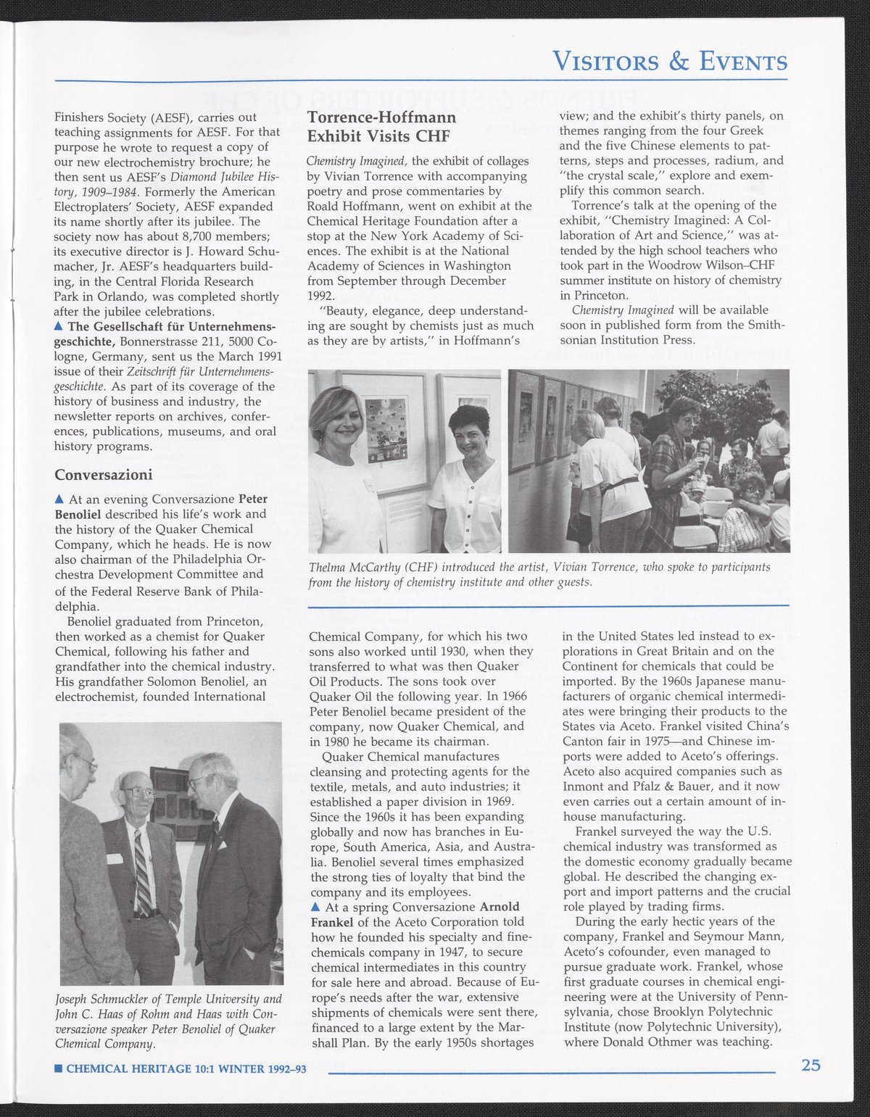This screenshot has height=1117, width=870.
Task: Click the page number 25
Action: (x=811, y=1065)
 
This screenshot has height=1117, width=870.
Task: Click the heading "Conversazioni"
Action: (x=104, y=476)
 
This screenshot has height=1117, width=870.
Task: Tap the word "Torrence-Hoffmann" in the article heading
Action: (x=382, y=118)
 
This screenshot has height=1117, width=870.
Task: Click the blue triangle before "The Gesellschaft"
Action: (x=59, y=327)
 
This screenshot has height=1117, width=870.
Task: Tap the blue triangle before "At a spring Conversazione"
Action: (x=315, y=908)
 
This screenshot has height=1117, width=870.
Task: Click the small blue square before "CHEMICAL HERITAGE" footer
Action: (x=59, y=1068)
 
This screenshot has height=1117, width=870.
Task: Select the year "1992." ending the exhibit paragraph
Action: (x=321, y=296)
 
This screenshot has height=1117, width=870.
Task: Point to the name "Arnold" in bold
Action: (x=500, y=907)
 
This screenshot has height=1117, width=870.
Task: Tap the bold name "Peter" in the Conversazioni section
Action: (x=253, y=499)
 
